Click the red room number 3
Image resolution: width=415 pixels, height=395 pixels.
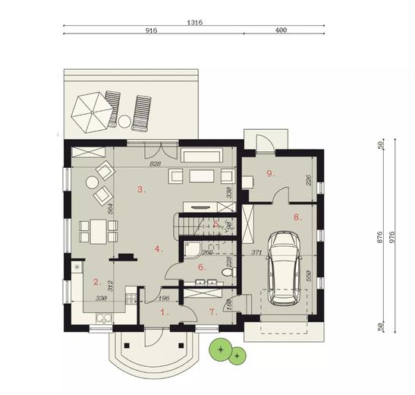coord(141,189)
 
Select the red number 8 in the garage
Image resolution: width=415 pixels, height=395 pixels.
coord(297,216)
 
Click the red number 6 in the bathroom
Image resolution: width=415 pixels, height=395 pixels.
coord(202,267)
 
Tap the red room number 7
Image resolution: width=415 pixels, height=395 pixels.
coord(212,311)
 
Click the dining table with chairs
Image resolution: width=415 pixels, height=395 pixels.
coord(97,230)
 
